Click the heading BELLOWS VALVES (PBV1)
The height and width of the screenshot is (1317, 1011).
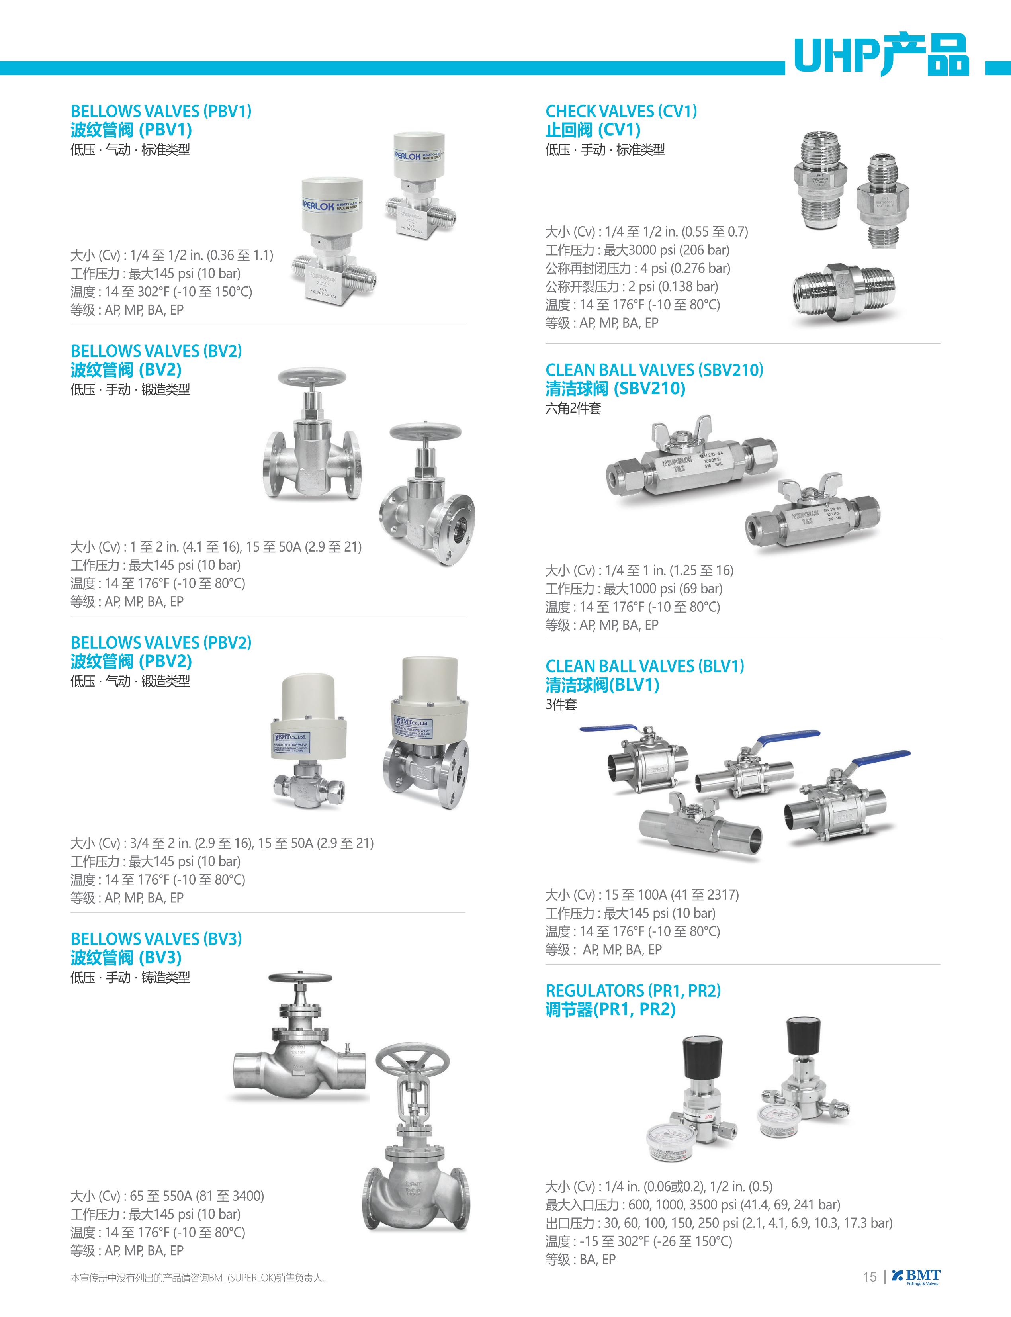coord(161,112)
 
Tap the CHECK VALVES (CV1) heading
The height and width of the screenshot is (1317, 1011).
coord(621,112)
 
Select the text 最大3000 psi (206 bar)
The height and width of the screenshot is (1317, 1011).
coord(666,250)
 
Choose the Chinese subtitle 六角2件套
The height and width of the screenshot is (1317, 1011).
coord(573,408)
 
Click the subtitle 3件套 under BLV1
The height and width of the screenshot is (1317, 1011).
coord(561,704)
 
